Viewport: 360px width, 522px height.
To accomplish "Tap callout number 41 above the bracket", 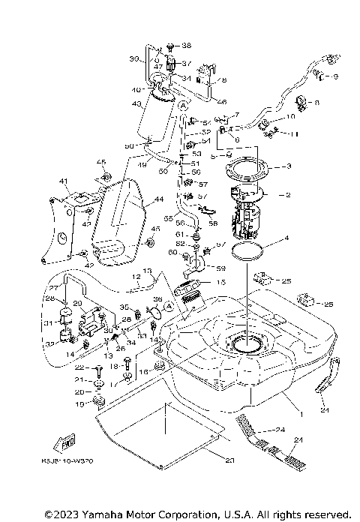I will point(64,181).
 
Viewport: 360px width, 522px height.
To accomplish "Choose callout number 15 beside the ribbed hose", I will point(221,283).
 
